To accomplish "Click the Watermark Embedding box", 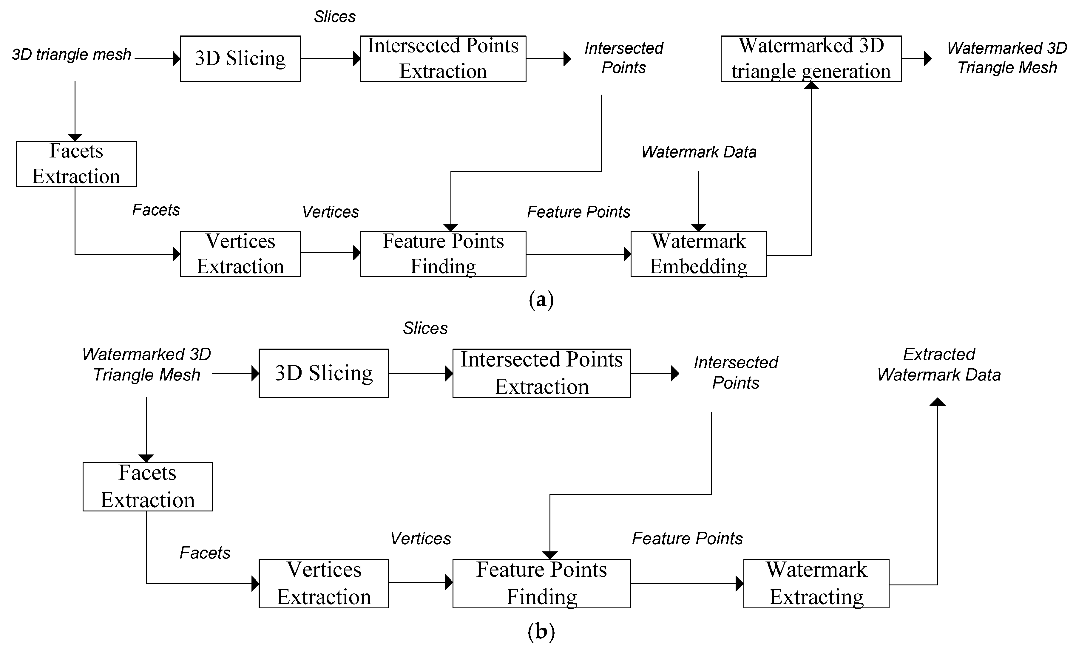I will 698,254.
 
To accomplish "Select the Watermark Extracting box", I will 816,583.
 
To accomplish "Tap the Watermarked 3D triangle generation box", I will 811,58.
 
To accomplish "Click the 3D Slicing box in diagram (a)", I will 240,58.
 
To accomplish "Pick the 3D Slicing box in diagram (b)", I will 324,373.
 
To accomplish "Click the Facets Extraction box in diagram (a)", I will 76,164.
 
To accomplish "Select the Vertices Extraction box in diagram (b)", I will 324,583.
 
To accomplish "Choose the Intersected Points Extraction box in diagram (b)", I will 541,373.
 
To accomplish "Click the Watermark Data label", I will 699,152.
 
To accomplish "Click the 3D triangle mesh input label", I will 71,55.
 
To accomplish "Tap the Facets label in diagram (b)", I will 205,553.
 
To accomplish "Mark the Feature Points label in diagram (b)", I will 687,538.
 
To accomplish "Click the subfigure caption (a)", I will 541,300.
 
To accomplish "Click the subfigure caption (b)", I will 541,631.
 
